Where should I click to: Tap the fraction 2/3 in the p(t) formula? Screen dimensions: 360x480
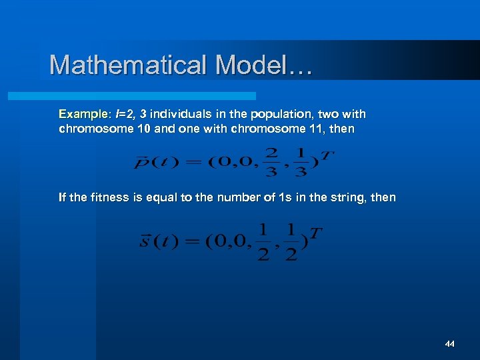tap(271, 162)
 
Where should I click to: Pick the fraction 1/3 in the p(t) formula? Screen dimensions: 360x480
tap(301, 162)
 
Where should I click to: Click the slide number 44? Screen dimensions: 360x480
tap(449, 344)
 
